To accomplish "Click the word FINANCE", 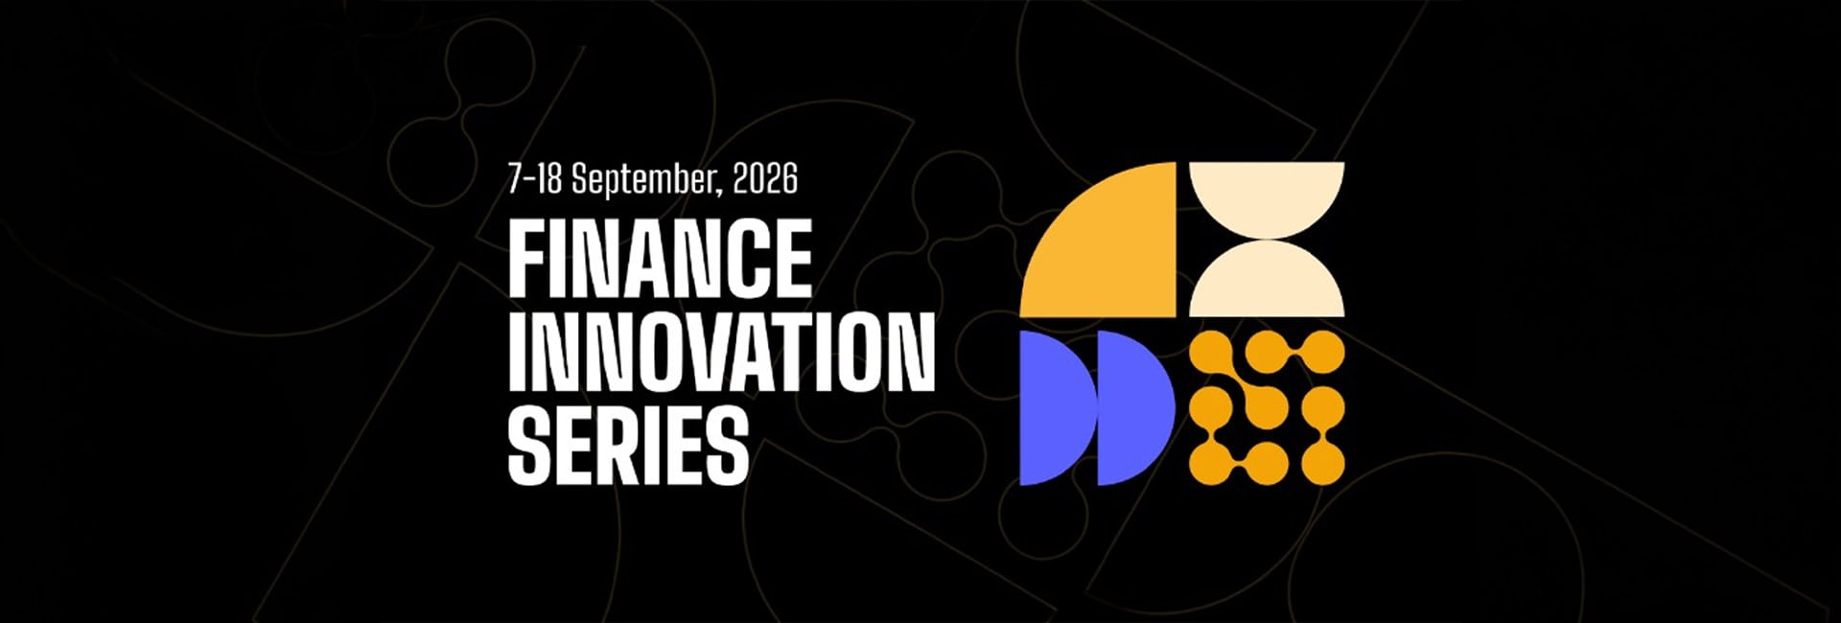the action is pyautogui.click(x=660, y=258).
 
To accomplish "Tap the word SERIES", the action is pyautogui.click(x=628, y=446).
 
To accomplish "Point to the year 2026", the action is pyautogui.click(x=764, y=179).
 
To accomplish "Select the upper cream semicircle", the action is pyautogui.click(x=1267, y=192).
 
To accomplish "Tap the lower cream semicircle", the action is pyautogui.click(x=1267, y=286).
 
